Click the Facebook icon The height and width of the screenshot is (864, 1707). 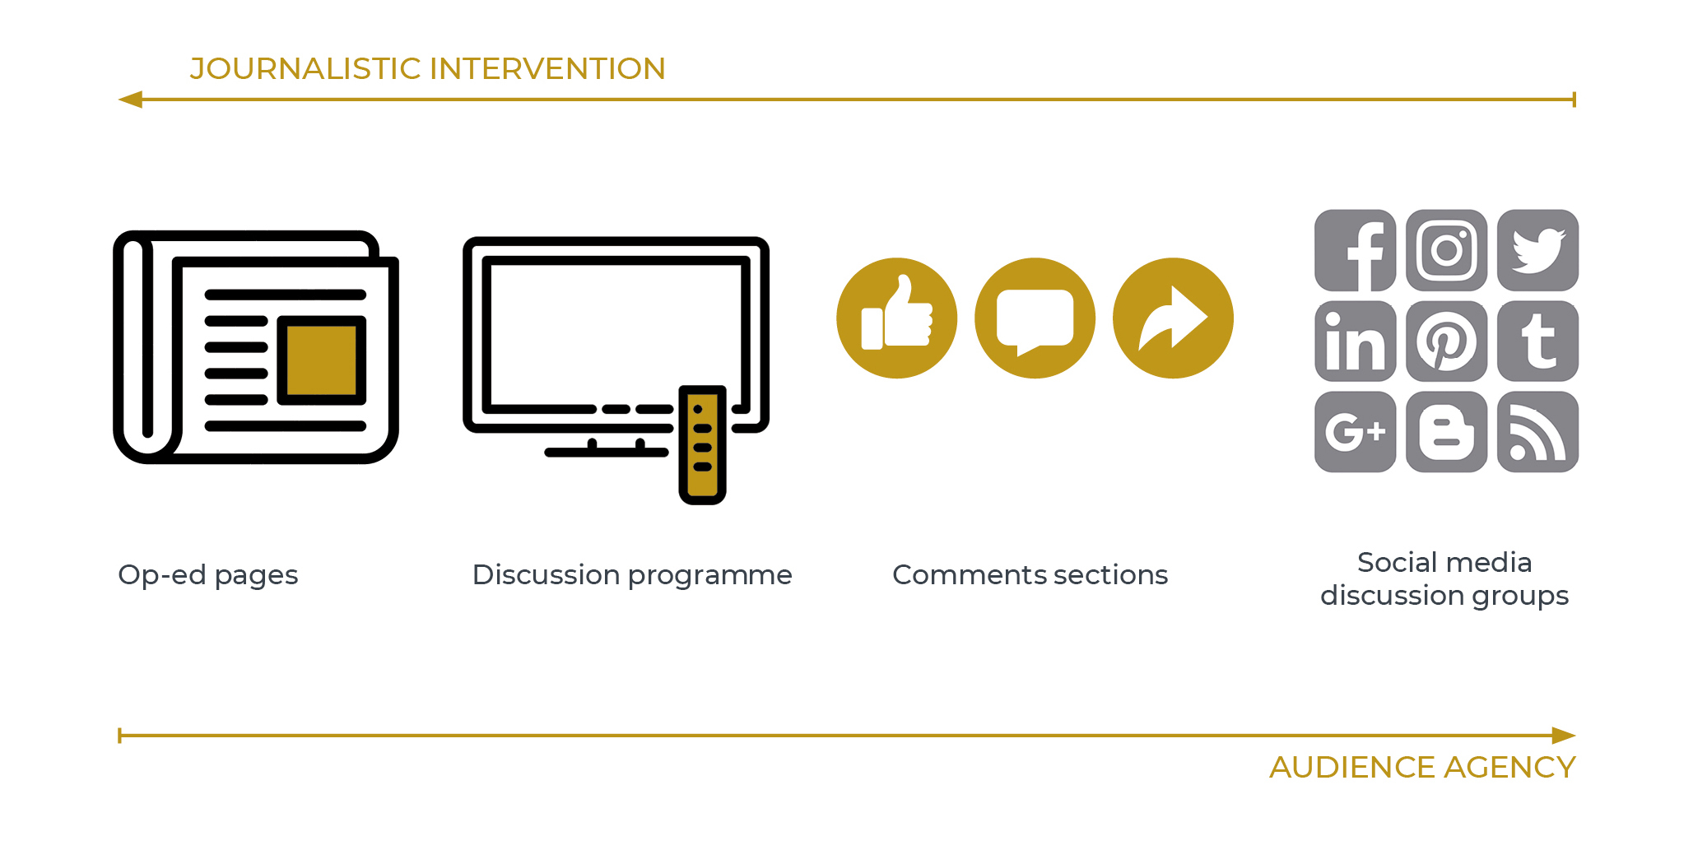click(1355, 250)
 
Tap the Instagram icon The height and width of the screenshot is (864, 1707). click(1446, 250)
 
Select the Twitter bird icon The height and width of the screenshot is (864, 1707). click(1537, 250)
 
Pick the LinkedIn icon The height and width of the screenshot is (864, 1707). click(1355, 341)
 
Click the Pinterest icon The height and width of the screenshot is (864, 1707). click(1446, 341)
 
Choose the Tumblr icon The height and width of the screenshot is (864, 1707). click(1537, 341)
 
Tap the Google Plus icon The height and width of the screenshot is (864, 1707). click(1355, 432)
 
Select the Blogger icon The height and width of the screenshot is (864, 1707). click(1446, 432)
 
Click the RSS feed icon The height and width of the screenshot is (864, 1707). click(1537, 432)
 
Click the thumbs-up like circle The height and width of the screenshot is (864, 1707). click(896, 318)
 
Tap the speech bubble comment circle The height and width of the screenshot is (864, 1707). click(1035, 318)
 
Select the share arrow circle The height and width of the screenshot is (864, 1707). click(1173, 318)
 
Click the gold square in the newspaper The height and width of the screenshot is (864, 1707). click(321, 360)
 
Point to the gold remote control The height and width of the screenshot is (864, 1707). click(702, 444)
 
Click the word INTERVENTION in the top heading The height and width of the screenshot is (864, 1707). click(547, 68)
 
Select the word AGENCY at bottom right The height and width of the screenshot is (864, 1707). click(1509, 767)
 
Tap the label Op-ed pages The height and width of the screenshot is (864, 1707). click(208, 575)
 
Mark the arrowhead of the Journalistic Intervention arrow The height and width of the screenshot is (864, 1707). click(130, 100)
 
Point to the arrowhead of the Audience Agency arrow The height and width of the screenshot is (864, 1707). click(1564, 736)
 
